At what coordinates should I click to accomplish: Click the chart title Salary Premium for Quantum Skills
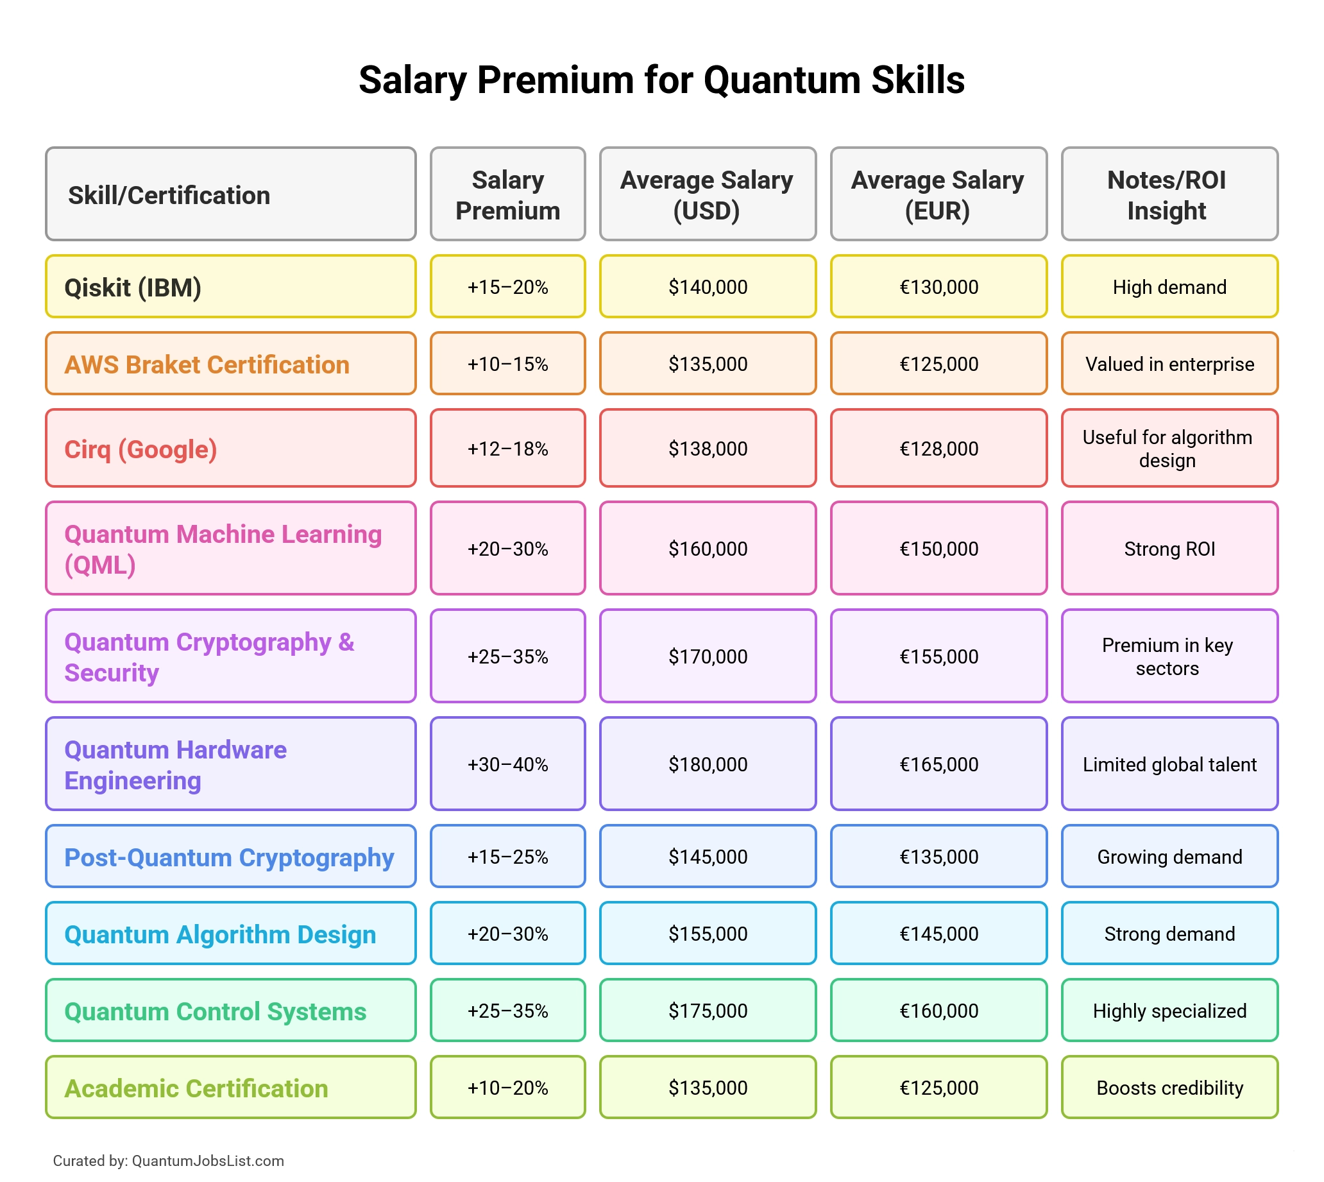tap(661, 80)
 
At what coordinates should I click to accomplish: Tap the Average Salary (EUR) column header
tap(938, 195)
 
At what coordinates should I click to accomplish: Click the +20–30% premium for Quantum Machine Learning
tap(507, 549)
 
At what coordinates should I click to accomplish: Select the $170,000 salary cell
tap(707, 656)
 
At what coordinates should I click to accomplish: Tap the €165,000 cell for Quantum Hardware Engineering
tap(938, 764)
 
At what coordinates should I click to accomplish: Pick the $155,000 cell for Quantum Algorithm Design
tap(707, 934)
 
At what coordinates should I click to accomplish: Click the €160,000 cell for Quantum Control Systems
tap(938, 1011)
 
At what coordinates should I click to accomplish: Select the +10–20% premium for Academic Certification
tap(507, 1088)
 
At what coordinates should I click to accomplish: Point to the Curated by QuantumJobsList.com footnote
tap(168, 1161)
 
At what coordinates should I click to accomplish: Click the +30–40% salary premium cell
tap(507, 764)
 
